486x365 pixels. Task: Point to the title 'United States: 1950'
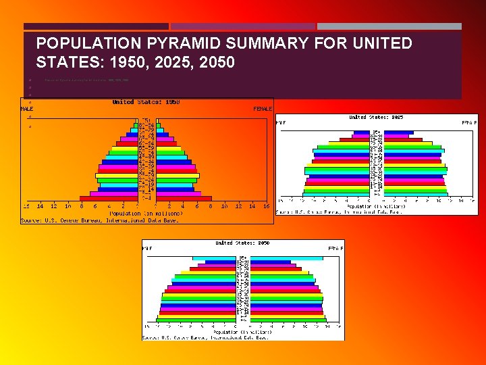point(145,102)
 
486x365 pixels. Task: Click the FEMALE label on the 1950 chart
point(263,109)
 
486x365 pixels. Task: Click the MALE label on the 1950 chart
point(27,109)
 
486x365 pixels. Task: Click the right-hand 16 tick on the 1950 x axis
point(267,206)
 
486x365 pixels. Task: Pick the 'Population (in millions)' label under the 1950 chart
point(145,213)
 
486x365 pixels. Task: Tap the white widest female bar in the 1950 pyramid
point(178,176)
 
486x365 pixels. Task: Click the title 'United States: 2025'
point(376,118)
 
